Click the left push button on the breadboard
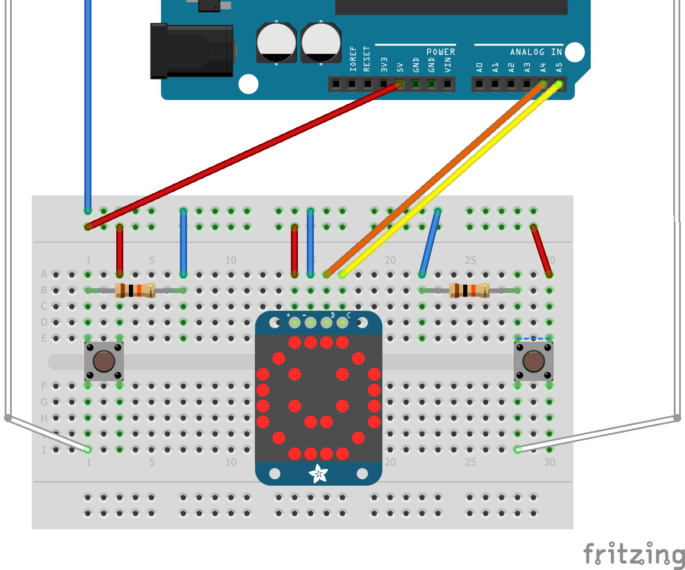click(x=104, y=361)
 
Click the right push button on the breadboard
click(x=533, y=361)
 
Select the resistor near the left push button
click(x=135, y=290)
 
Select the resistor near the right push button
click(x=469, y=290)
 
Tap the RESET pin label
click(x=367, y=59)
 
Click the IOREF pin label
click(x=352, y=59)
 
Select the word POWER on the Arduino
click(x=441, y=52)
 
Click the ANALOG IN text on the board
click(x=536, y=52)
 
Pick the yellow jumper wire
click(x=448, y=180)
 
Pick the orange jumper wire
click(x=434, y=180)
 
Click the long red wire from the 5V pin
click(x=242, y=156)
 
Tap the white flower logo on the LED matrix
click(x=319, y=473)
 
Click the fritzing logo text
click(x=634, y=555)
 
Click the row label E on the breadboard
click(x=44, y=338)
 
